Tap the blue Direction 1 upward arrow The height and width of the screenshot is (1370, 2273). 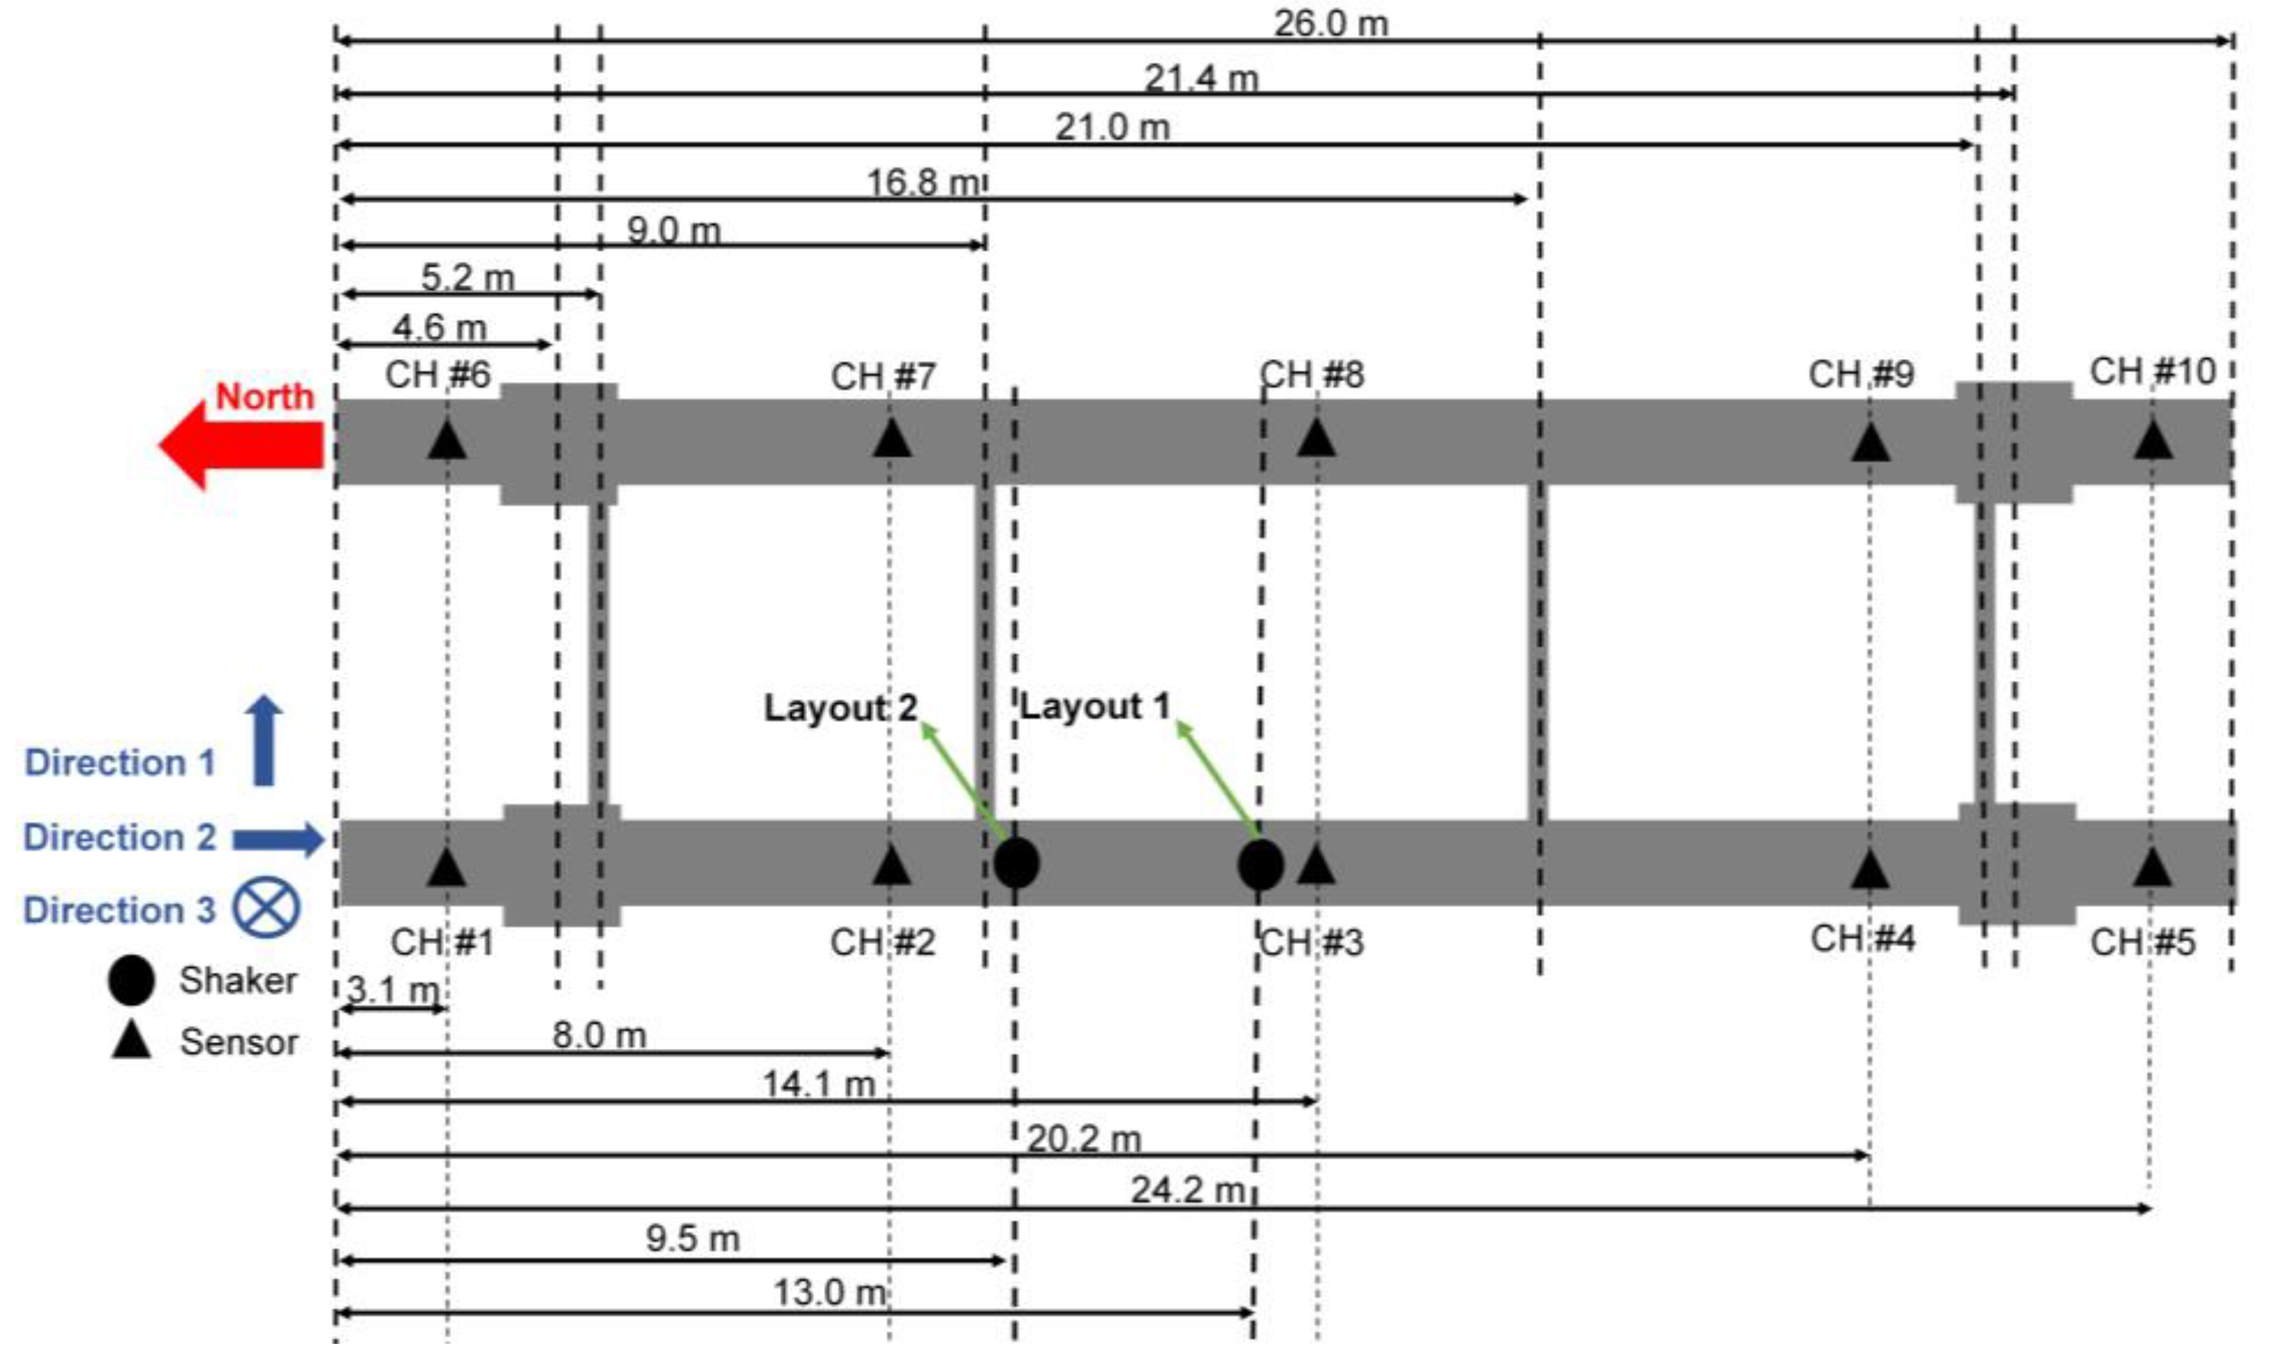pos(264,740)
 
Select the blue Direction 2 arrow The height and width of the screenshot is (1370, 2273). pos(276,839)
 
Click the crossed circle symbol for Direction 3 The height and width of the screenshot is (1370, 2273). pos(266,908)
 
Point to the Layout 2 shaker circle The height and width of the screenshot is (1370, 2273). pos(1016,863)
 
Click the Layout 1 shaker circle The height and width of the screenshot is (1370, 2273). pos(1260,866)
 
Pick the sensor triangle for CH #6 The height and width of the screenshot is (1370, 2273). pos(447,440)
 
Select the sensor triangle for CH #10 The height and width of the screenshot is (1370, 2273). pos(2152,440)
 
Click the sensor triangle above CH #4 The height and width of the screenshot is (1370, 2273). pos(1870,868)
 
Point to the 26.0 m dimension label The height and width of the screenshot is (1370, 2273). pos(1331,23)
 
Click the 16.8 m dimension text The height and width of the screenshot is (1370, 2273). pos(922,182)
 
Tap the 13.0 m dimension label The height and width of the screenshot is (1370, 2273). pos(829,1292)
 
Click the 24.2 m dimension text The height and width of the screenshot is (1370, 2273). pos(1188,1190)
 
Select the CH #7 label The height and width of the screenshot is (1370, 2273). pos(883,377)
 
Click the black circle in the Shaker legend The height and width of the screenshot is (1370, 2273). pos(131,980)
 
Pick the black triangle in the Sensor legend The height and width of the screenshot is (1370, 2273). pos(131,1040)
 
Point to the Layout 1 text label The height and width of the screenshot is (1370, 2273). pos(1094,707)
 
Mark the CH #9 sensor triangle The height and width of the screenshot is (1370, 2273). pos(1870,442)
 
